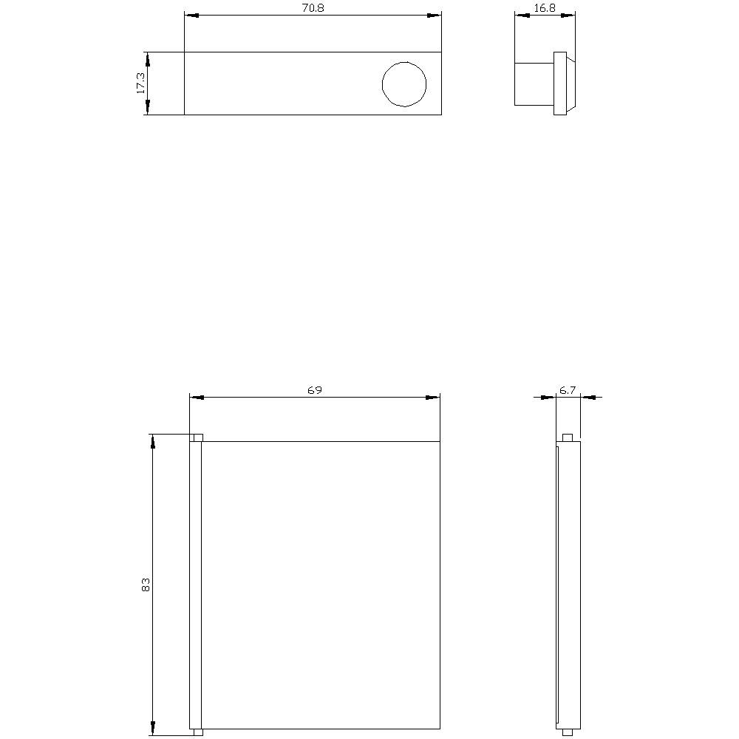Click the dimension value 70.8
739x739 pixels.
click(x=313, y=7)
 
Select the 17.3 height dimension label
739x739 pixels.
click(x=140, y=84)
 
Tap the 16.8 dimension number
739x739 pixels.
click(x=545, y=7)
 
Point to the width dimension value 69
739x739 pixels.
click(x=315, y=389)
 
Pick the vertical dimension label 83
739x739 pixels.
click(x=146, y=585)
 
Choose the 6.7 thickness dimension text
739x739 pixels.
click(x=568, y=389)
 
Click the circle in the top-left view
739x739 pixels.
click(x=404, y=84)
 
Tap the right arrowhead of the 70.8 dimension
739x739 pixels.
click(x=433, y=15)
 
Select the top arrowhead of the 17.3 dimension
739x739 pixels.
click(x=147, y=60)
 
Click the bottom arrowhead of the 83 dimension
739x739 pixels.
click(x=153, y=728)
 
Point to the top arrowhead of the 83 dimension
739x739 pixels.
click(x=153, y=442)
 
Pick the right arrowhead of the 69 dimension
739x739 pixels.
click(x=432, y=398)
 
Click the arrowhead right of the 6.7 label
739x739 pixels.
click(x=588, y=398)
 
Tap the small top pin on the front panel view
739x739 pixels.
click(x=197, y=437)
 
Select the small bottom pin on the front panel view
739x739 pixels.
click(x=197, y=732)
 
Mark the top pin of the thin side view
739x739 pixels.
click(x=568, y=437)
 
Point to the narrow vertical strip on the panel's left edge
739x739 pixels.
click(x=196, y=585)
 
